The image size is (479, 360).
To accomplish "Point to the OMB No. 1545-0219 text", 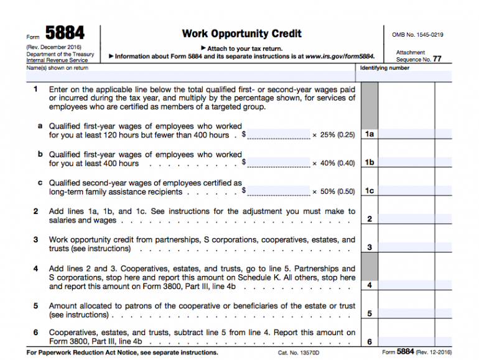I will [417, 35].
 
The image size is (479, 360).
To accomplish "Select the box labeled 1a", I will [369, 134].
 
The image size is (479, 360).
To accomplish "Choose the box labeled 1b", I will [369, 163].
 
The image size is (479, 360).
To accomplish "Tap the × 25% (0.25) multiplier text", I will [333, 135].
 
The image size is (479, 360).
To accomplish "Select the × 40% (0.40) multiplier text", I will [333, 164].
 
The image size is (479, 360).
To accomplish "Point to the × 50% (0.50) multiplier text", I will [333, 192].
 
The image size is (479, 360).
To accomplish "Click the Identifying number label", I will [385, 68].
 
